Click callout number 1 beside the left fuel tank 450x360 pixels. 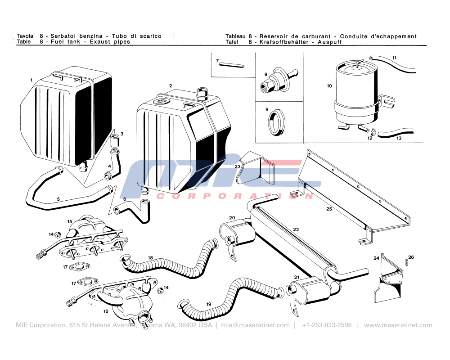tap(31, 80)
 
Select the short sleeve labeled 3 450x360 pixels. tap(115, 140)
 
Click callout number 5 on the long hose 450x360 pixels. tap(58, 198)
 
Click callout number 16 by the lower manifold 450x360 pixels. tap(106, 311)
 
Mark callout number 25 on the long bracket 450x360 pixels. tap(329, 209)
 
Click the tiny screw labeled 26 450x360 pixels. tap(406, 261)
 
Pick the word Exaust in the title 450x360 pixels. tap(100, 42)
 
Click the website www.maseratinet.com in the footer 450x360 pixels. tap(398, 325)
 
